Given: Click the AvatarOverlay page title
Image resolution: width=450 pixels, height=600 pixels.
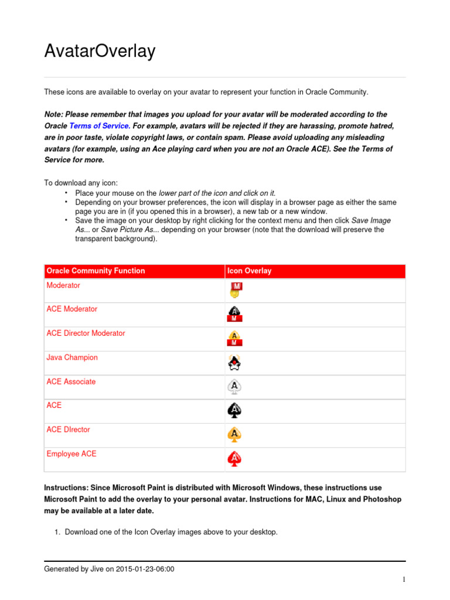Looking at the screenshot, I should [x=100, y=52].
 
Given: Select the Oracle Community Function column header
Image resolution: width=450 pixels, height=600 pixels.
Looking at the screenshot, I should [x=96, y=271].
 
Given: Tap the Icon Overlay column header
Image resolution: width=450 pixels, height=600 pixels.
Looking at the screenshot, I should [x=249, y=271].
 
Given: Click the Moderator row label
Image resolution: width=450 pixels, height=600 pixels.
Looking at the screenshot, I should [x=63, y=285].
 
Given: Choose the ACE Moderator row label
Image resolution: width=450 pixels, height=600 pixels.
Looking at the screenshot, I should [x=72, y=309].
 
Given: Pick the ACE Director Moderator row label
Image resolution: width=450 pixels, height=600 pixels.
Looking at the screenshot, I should [x=86, y=333].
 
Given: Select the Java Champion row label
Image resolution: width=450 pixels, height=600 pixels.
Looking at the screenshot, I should [x=72, y=357].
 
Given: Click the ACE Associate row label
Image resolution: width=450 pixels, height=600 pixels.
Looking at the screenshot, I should [x=71, y=381].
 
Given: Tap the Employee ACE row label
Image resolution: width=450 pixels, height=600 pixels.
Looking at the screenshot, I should [x=71, y=454].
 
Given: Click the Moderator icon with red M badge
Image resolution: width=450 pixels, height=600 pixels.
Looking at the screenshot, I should [x=236, y=290].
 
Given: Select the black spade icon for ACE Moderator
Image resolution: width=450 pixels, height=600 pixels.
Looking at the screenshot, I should [x=235, y=314].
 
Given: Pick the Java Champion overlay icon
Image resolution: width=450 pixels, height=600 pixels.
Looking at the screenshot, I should [x=235, y=363].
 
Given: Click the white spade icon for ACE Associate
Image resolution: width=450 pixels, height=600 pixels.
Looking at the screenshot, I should [x=235, y=387].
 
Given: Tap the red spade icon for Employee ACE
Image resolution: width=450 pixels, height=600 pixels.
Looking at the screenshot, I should [x=235, y=459].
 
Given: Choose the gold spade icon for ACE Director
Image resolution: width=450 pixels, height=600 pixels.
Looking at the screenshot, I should [x=235, y=435].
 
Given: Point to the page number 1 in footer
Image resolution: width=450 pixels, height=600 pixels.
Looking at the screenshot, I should [x=404, y=580].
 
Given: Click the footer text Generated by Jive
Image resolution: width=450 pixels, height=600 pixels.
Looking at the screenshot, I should [x=110, y=568].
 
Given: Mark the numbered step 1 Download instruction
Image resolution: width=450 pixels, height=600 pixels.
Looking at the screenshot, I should [x=171, y=532].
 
